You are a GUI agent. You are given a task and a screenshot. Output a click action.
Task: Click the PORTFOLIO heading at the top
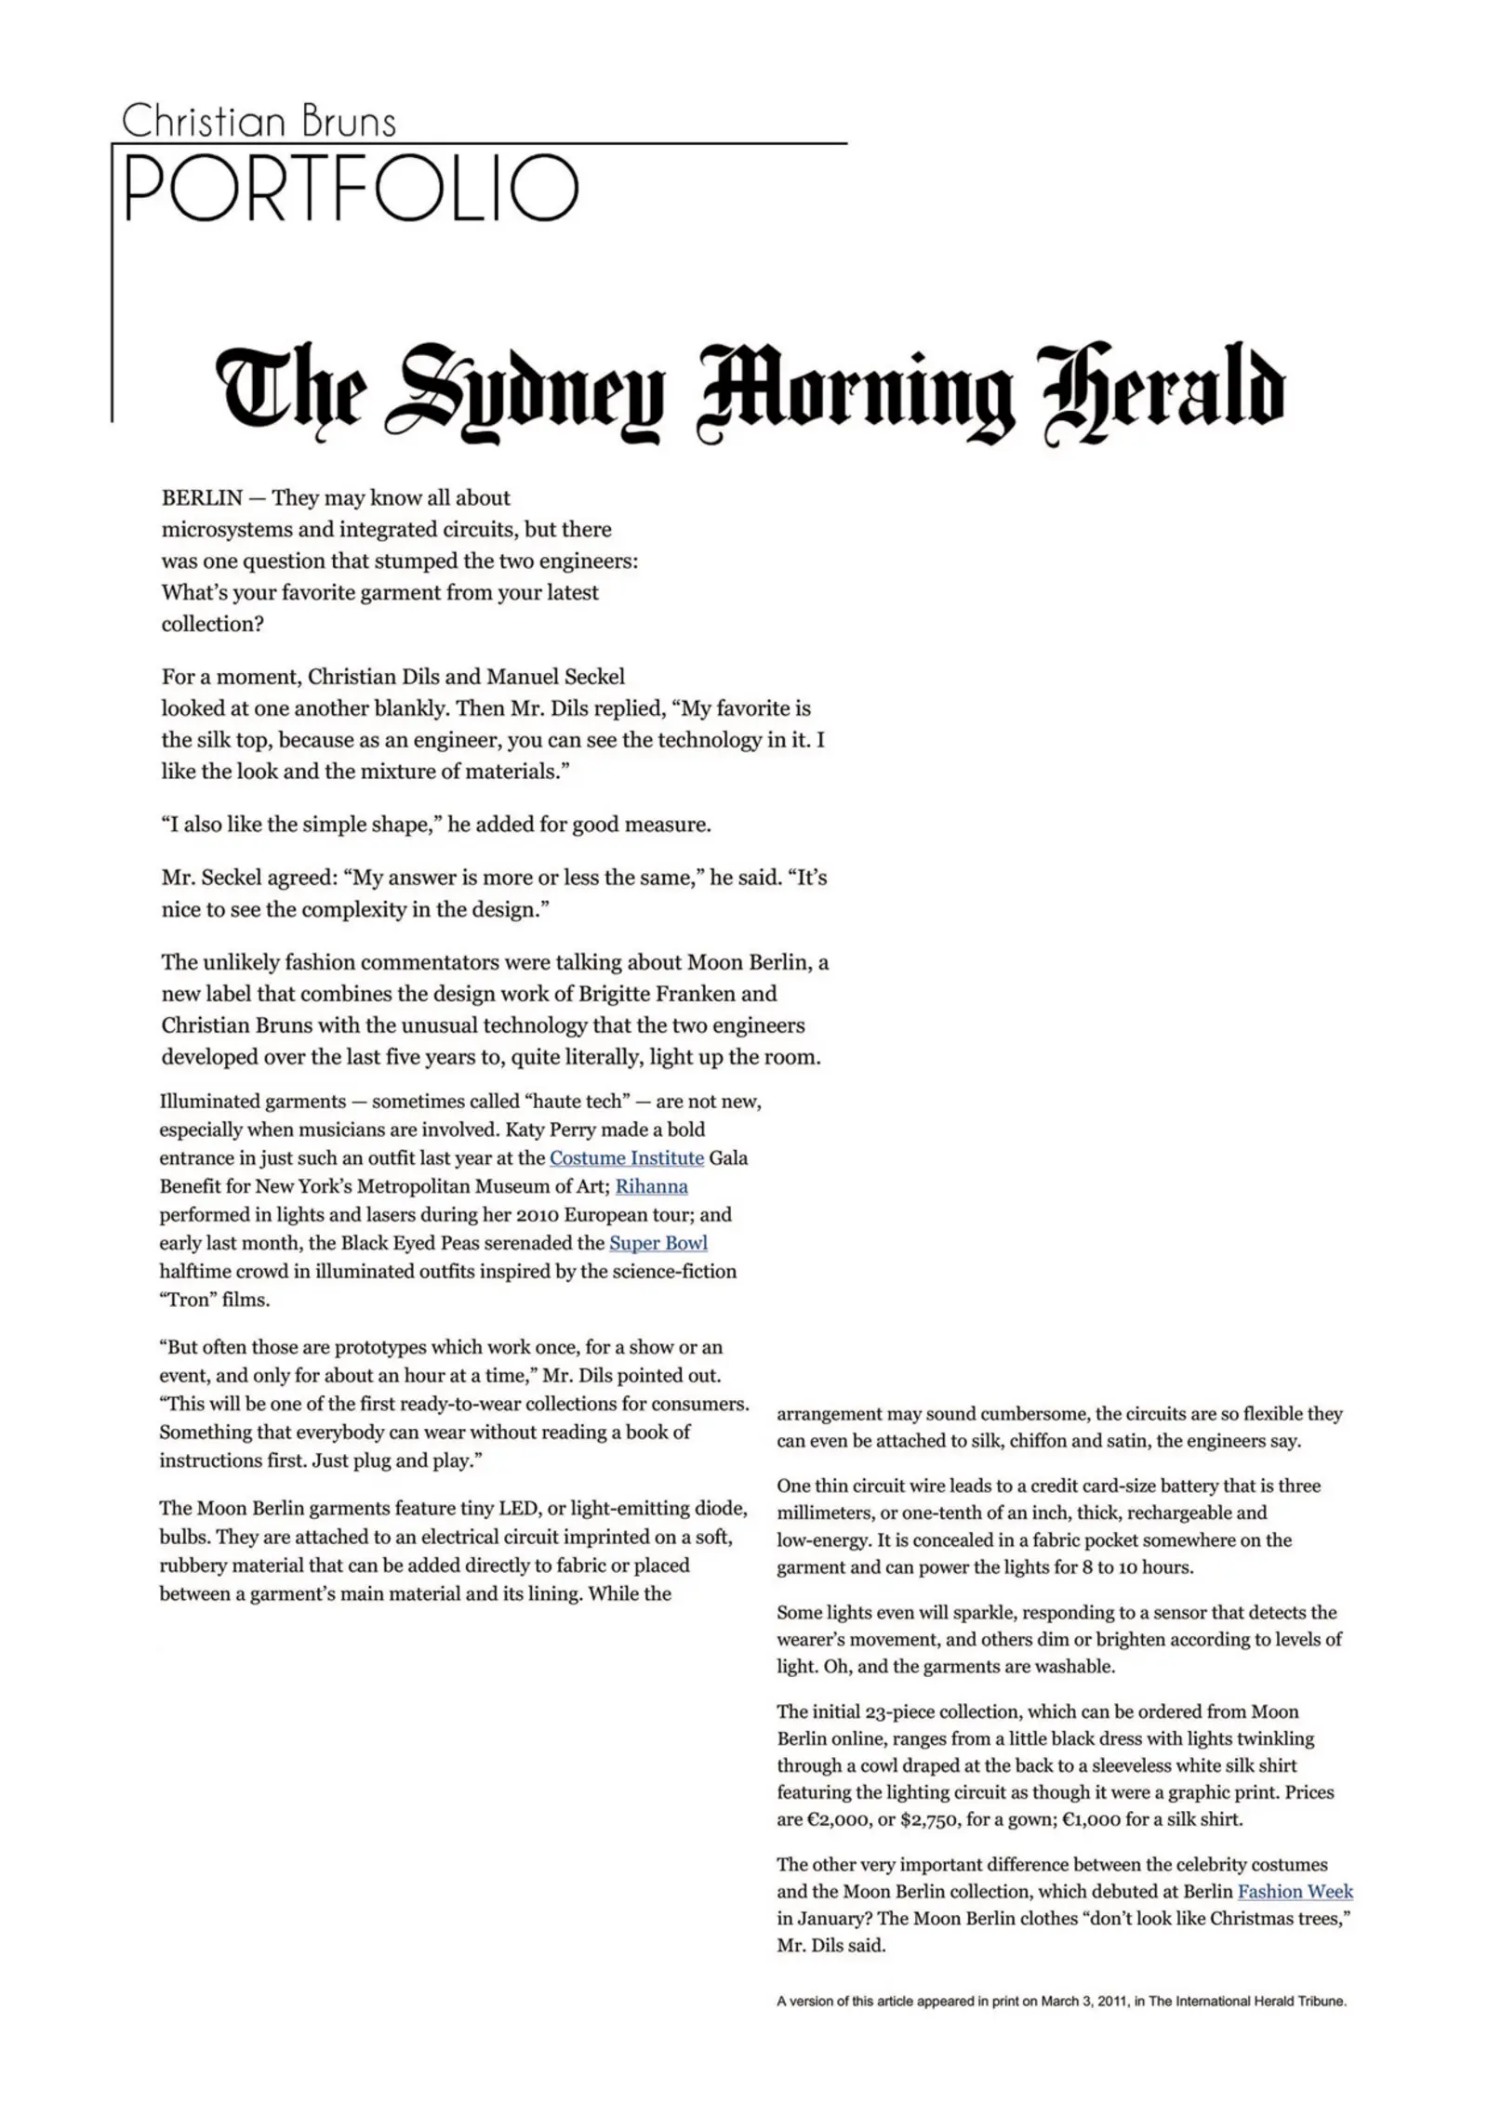[351, 189]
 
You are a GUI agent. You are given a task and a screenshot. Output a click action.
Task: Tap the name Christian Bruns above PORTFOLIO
[259, 122]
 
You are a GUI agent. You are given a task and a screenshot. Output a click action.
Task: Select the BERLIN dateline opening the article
[202, 497]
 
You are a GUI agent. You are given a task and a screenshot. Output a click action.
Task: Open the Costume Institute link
[626, 1157]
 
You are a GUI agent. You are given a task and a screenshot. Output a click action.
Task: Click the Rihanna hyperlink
[651, 1186]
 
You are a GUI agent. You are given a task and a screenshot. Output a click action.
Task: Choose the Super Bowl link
[658, 1243]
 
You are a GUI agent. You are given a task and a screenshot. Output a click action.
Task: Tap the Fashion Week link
[1295, 1891]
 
